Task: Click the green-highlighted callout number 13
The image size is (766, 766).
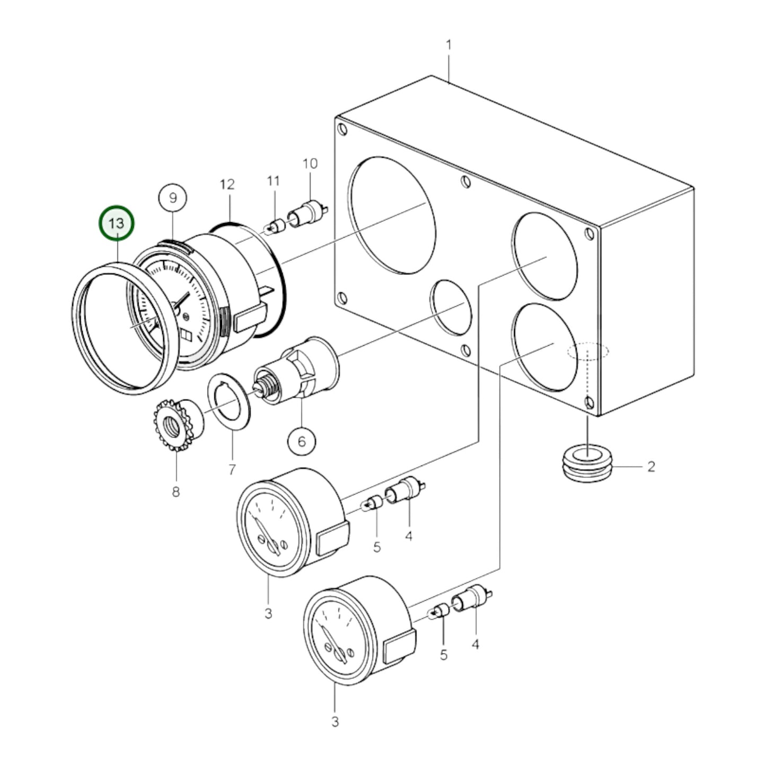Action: (x=117, y=223)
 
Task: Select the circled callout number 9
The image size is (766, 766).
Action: (x=172, y=198)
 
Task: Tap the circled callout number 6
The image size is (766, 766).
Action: (x=302, y=441)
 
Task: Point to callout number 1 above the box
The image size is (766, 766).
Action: (x=449, y=45)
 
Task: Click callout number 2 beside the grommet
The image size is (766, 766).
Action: (x=651, y=466)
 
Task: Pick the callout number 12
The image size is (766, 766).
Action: (x=227, y=184)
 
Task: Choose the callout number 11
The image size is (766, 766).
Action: (x=274, y=181)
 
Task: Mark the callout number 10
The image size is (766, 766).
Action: (x=310, y=163)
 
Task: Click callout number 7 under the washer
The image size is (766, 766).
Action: (x=232, y=470)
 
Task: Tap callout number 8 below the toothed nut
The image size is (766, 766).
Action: (x=175, y=492)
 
